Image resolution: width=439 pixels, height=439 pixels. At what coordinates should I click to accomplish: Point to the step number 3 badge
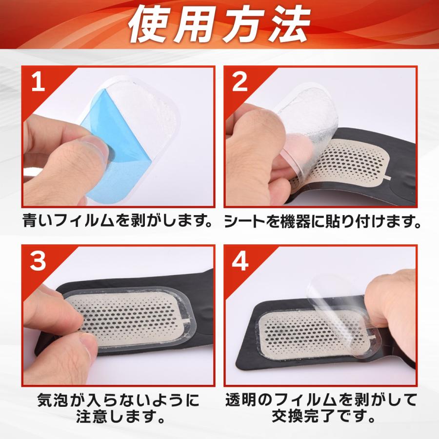pos(38,260)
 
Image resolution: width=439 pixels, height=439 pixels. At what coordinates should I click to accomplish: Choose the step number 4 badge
pos(240,260)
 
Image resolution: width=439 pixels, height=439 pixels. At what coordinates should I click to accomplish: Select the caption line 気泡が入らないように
pos(118,400)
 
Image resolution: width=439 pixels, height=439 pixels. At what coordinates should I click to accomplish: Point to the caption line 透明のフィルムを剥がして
pos(321,400)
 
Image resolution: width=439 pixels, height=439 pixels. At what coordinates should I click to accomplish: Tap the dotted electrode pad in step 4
pos(317,333)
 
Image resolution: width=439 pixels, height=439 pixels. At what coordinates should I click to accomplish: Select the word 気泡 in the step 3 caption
pos(53,400)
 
